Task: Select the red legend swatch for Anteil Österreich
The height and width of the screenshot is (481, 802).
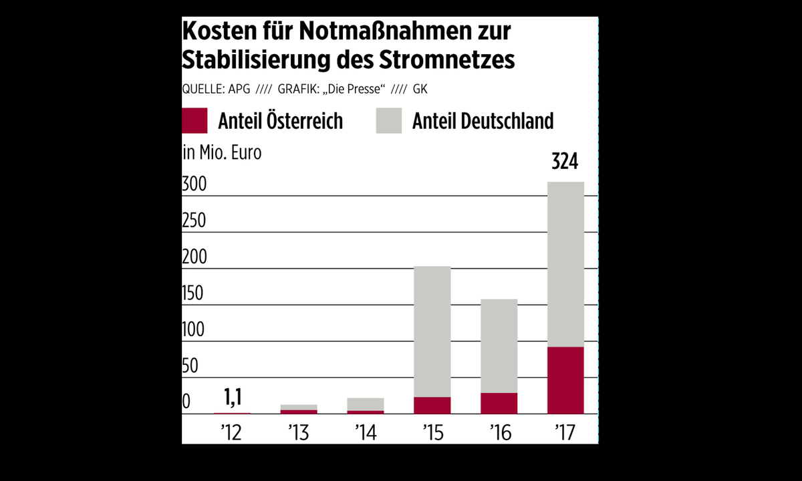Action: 194,121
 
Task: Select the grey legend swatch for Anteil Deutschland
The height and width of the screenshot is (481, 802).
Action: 389,121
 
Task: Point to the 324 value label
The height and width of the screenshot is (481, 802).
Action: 565,162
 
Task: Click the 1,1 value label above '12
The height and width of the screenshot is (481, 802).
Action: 232,399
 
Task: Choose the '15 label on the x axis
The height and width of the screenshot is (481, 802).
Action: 432,433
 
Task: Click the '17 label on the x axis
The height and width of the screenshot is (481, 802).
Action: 565,433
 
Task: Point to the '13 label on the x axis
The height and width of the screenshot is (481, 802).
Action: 299,433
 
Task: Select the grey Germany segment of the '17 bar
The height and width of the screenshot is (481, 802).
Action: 565,264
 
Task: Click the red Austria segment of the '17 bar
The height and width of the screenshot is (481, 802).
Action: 565,380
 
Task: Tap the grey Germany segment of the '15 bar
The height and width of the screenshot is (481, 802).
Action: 432,331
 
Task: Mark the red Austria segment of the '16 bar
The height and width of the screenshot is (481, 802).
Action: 499,404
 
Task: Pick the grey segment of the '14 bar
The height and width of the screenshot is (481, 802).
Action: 366,404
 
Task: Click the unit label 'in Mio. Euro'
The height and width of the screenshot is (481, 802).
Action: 222,152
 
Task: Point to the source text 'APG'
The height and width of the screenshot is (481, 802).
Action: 239,89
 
